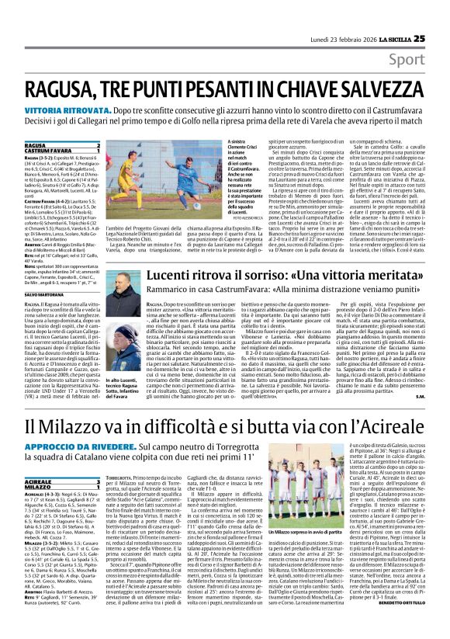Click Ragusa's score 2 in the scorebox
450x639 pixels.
coord(98,145)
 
